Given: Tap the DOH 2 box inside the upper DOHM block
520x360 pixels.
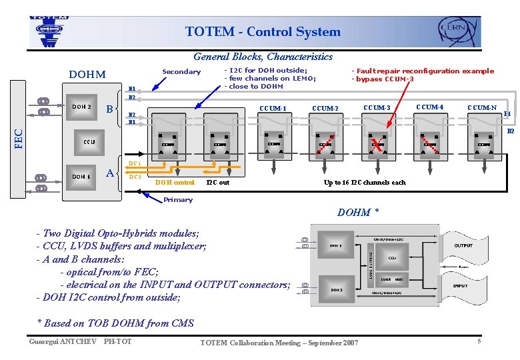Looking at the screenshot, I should [x=81, y=107].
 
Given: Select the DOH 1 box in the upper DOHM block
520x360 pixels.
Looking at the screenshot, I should [x=81, y=177].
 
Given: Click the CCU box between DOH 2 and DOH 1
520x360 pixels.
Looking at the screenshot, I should [x=89, y=142].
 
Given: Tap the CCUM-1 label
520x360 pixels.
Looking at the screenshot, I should [x=273, y=109].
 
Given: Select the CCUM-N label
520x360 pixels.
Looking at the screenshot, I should [x=481, y=108].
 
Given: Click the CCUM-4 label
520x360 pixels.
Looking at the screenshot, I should [x=429, y=107].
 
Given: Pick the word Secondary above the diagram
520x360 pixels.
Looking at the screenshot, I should [x=181, y=72].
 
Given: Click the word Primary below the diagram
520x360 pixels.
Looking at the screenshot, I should [x=178, y=199].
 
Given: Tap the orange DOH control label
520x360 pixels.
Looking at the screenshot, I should [x=175, y=182].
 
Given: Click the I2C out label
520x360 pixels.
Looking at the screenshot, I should [x=218, y=182].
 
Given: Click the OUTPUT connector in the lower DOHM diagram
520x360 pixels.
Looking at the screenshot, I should [x=463, y=246].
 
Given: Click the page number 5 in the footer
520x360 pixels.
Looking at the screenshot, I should [x=479, y=342].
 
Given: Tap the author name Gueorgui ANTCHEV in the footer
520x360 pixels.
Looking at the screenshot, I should [x=61, y=342].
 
